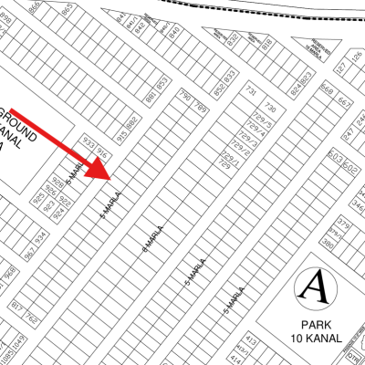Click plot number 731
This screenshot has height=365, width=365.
(x=251, y=91)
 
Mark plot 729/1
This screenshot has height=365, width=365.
(x=229, y=158)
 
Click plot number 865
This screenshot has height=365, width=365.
(x=68, y=8)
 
